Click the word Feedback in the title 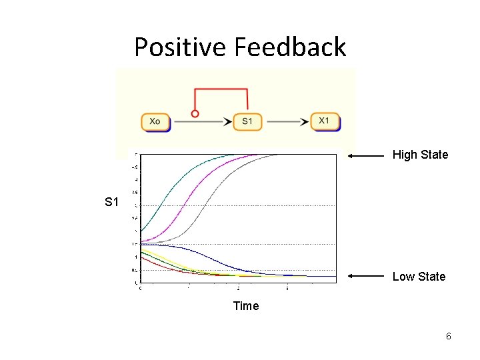tap(290, 47)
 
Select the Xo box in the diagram tap(155, 122)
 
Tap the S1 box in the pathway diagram tap(247, 122)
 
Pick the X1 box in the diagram tap(325, 121)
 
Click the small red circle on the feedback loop tap(195, 114)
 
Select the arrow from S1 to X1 tap(287, 122)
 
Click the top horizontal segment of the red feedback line tap(221, 88)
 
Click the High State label tap(420, 155)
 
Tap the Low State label tap(419, 277)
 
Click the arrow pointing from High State tap(367, 155)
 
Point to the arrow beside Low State tap(367, 276)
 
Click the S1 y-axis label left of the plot tap(111, 202)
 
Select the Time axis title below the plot tap(245, 306)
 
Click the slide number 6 tap(449, 337)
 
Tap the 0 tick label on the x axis tap(139, 288)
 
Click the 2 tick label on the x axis tap(239, 288)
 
